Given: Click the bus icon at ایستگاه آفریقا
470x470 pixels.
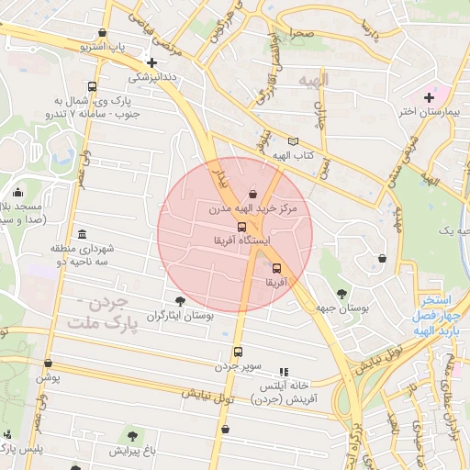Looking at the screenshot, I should click(x=241, y=227).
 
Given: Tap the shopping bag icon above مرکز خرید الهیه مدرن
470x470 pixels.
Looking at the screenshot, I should click(x=252, y=194).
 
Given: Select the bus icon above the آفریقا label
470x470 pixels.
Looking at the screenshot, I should click(x=277, y=268).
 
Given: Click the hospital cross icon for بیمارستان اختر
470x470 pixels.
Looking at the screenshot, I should click(x=429, y=96).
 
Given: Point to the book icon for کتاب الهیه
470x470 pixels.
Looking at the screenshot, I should click(x=293, y=141).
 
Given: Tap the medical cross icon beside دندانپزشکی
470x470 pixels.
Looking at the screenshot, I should click(x=152, y=62).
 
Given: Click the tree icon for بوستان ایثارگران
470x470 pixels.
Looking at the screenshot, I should click(x=180, y=300).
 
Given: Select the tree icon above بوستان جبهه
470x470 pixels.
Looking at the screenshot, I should click(x=341, y=295).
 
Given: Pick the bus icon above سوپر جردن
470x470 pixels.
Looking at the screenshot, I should click(x=238, y=352).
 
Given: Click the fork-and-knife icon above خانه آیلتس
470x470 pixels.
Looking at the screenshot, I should click(x=283, y=372).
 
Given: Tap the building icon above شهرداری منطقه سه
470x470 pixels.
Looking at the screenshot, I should click(x=84, y=233).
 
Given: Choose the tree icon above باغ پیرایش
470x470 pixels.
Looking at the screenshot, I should click(x=134, y=435).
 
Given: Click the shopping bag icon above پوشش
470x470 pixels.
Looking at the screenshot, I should click(x=47, y=363).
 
